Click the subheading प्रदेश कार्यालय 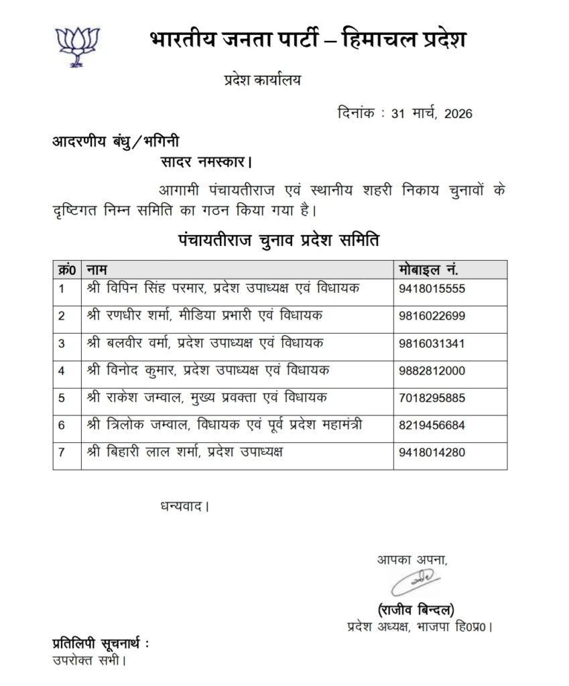263,80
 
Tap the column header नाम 98,269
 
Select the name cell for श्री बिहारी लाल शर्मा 185,453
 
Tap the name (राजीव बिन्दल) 416,610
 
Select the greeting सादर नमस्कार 206,162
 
